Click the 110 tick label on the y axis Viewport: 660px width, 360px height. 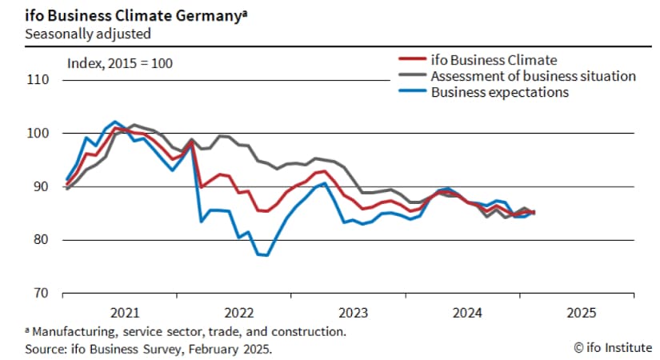click(x=38, y=80)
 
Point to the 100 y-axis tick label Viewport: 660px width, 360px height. click(x=38, y=134)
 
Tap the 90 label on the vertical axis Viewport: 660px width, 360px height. click(x=41, y=186)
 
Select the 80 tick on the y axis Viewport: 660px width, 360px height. click(x=41, y=240)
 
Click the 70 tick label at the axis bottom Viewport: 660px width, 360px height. click(x=41, y=294)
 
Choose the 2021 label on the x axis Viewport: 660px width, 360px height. click(x=126, y=312)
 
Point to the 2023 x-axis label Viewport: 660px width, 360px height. click(x=354, y=312)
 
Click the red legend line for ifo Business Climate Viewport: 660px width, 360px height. click(x=411, y=60)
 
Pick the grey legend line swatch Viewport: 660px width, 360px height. click(x=411, y=76)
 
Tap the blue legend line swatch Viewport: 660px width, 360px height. click(x=411, y=92)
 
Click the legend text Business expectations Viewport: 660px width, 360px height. click(x=500, y=92)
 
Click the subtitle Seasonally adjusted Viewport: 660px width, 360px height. click(x=87, y=34)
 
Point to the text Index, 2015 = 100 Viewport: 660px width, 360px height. click(x=120, y=62)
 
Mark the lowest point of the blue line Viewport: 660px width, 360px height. click(x=265, y=255)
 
